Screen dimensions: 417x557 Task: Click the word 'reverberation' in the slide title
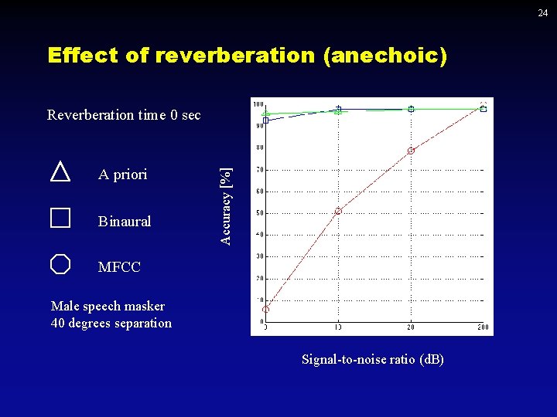coord(235,56)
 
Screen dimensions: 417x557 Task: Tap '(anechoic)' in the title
coord(385,56)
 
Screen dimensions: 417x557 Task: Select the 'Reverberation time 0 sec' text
coord(124,115)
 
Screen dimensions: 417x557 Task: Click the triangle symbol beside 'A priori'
coord(60,171)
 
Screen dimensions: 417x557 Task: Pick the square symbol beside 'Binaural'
coord(60,218)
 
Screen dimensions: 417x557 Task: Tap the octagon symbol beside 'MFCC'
coord(60,265)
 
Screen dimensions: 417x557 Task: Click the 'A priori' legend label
coord(122,175)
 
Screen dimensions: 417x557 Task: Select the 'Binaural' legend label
coord(125,222)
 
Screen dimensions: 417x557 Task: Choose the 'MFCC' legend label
coord(119,268)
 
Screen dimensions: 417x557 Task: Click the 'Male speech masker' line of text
coord(97,306)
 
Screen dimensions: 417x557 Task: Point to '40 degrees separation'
coord(111,323)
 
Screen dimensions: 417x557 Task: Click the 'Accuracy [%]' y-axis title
coord(224,206)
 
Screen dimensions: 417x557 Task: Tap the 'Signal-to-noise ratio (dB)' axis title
coord(373,359)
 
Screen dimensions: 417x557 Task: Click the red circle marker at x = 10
coord(338,211)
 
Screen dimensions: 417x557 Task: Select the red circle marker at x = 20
coord(411,151)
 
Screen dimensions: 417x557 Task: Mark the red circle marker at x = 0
coord(265,309)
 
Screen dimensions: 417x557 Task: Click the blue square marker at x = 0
coord(265,120)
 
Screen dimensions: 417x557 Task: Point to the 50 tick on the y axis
coord(259,213)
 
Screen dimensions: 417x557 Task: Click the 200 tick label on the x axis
coord(484,327)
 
